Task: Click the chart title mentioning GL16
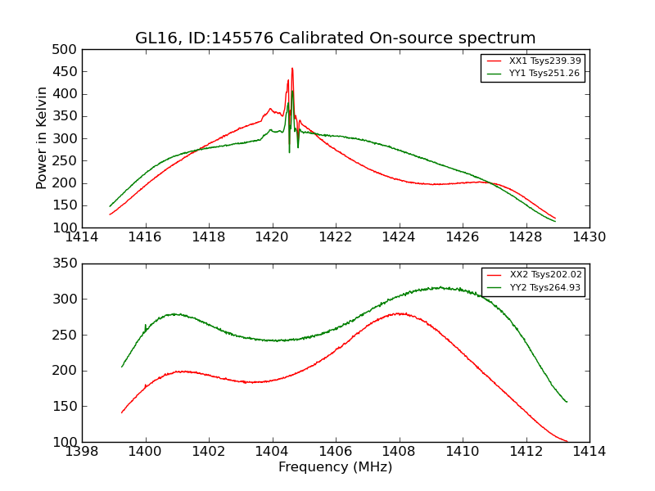pyautogui.click(x=336, y=38)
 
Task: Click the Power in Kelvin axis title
pyautogui.click(x=43, y=138)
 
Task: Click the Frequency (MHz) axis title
pyautogui.click(x=336, y=467)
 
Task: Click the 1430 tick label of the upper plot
pyautogui.click(x=589, y=237)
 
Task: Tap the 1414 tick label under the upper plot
pyautogui.click(x=82, y=237)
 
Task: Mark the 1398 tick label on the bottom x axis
pyautogui.click(x=82, y=452)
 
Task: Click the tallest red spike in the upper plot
pyautogui.click(x=292, y=69)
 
